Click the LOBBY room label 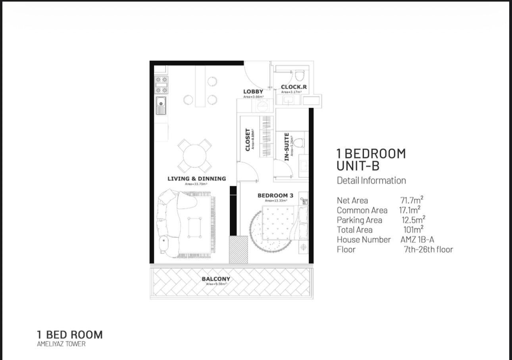pyautogui.click(x=253, y=92)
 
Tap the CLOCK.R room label pyautogui.click(x=294, y=87)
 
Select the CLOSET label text pyautogui.click(x=248, y=140)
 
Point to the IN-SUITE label pyautogui.click(x=287, y=147)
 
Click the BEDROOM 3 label pyautogui.click(x=275, y=195)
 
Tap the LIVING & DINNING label pyautogui.click(x=196, y=179)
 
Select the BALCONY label pyautogui.click(x=216, y=279)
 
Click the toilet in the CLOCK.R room pyautogui.click(x=300, y=75)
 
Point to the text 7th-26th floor pyautogui.click(x=428, y=249)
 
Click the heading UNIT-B pyautogui.click(x=358, y=166)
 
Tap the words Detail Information pyautogui.click(x=371, y=181)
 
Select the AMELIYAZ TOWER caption pyautogui.click(x=61, y=344)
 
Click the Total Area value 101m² pyautogui.click(x=414, y=229)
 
